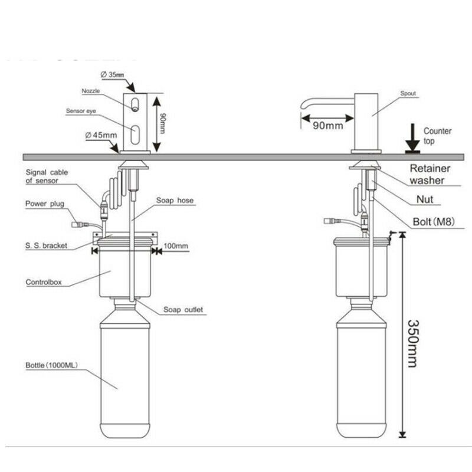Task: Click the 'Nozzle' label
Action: (91, 91)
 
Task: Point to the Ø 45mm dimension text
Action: (101, 135)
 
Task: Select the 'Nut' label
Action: (424, 199)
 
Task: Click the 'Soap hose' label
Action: (175, 201)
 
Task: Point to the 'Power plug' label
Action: (44, 204)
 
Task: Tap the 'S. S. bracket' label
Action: (47, 243)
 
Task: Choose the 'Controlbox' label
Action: (42, 282)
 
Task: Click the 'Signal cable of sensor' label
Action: (47, 176)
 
